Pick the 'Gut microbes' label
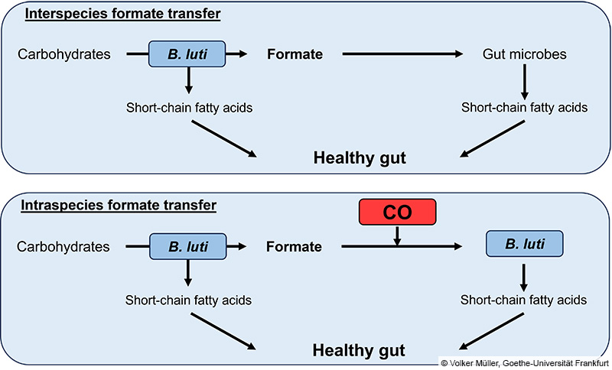click(524, 55)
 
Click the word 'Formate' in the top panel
click(295, 55)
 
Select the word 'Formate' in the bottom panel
click(295, 247)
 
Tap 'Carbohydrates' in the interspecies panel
click(63, 55)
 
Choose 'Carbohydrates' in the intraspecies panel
click(63, 247)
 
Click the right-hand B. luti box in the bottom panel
click(524, 245)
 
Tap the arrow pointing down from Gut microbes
click(524, 80)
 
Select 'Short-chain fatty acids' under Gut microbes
click(524, 107)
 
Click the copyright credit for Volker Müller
click(524, 362)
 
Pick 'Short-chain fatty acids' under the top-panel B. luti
click(189, 107)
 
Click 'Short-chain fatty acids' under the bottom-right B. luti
click(524, 300)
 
